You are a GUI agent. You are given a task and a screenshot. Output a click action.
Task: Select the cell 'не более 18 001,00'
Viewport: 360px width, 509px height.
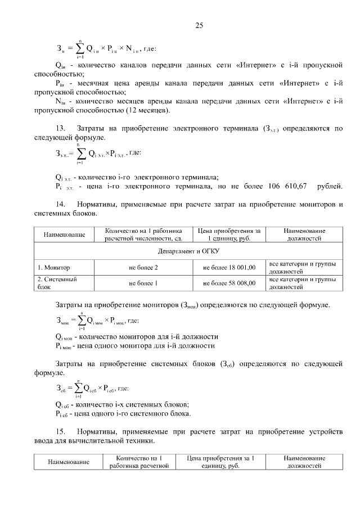point(229,267)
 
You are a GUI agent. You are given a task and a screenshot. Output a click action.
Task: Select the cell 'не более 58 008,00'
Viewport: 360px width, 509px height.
point(229,283)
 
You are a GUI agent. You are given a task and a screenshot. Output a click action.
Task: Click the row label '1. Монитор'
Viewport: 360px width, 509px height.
point(54,267)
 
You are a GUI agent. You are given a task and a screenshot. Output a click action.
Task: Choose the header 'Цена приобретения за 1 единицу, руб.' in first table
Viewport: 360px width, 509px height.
point(229,234)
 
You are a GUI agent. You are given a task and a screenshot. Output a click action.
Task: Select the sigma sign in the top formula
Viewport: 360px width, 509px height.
point(80,48)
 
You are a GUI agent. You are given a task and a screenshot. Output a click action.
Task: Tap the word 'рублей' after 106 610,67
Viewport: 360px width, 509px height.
point(328,187)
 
